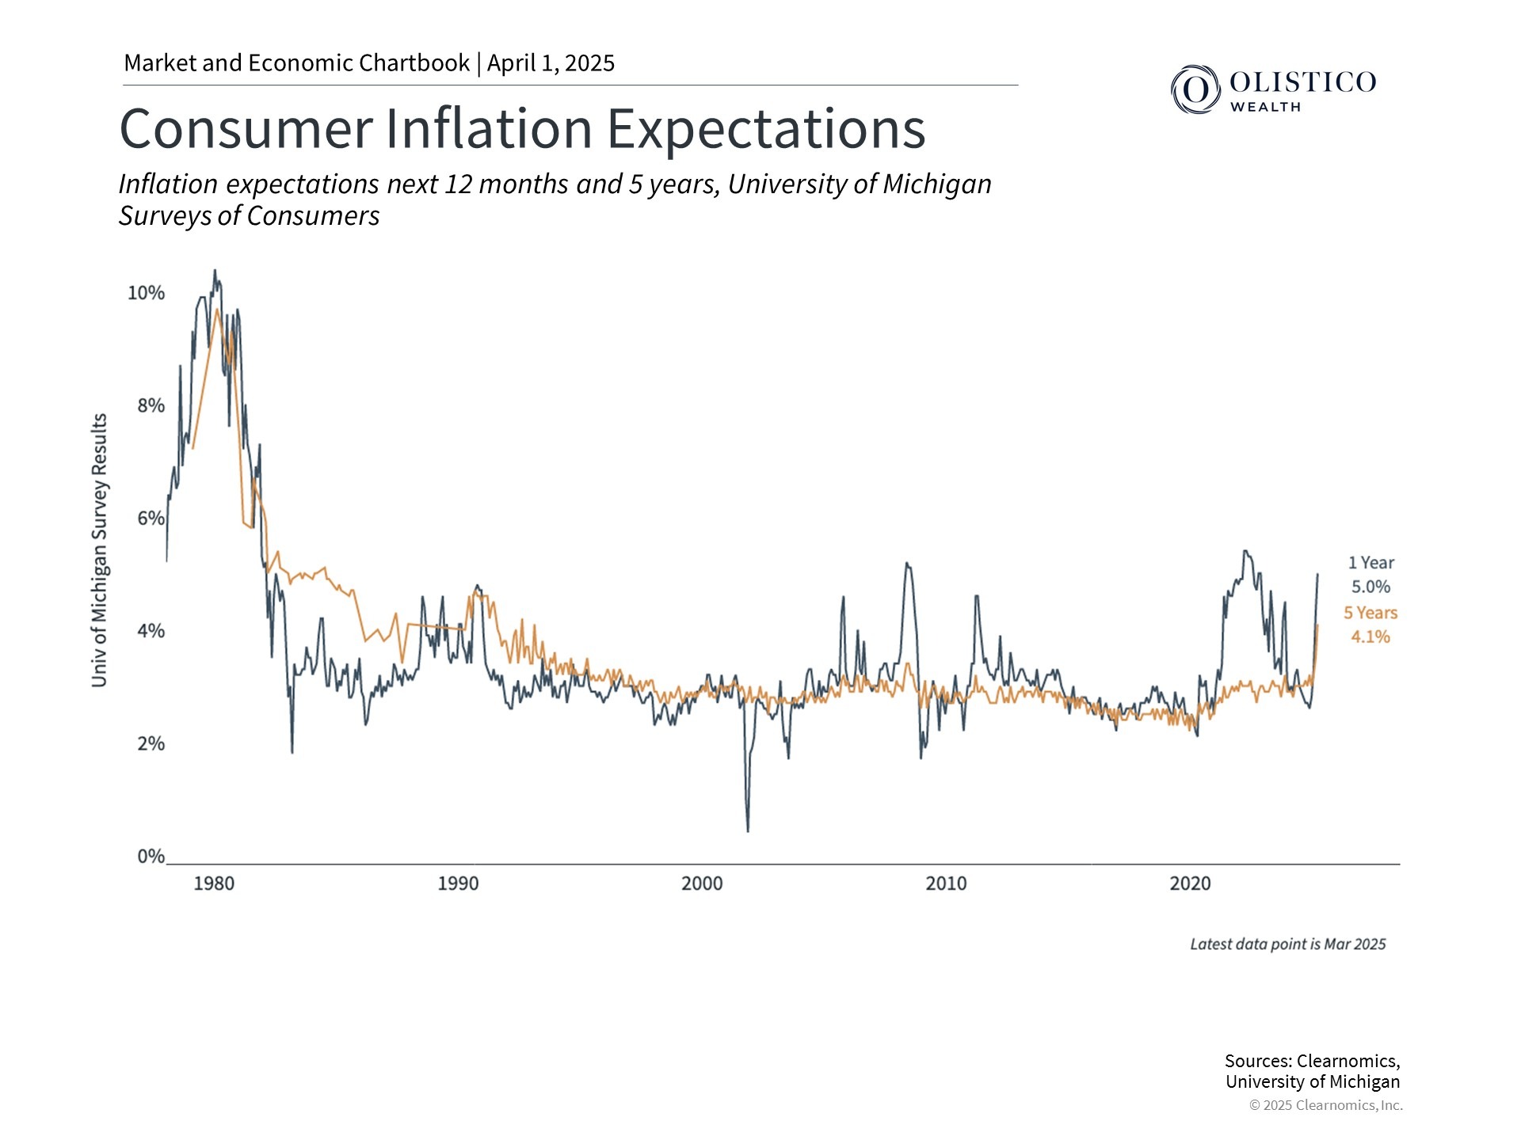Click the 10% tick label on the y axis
point(146,293)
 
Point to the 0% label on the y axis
point(151,856)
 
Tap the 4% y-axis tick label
point(151,631)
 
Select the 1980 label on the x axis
point(214,883)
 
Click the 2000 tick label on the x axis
point(702,883)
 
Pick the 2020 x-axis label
point(1190,883)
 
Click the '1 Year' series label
point(1370,563)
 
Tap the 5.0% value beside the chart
point(1370,587)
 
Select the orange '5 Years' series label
point(1370,613)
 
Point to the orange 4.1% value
point(1370,636)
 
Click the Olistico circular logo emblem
point(1195,89)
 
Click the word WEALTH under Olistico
point(1265,107)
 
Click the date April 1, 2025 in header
point(551,63)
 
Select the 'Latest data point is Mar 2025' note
point(1287,944)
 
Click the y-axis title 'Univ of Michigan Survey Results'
point(99,550)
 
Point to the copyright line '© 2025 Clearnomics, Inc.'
point(1325,1105)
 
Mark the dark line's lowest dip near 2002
point(748,830)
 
